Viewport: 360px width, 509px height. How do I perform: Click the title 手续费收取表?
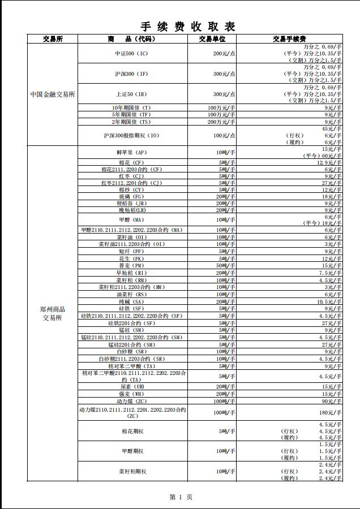(188, 26)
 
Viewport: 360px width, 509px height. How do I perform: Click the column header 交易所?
(53, 39)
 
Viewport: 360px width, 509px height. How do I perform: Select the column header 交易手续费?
(289, 39)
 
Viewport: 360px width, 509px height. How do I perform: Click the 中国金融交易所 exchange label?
(53, 94)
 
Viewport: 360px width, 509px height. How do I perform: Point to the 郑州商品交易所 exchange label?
(53, 313)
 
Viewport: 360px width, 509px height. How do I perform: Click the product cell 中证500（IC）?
(131, 53)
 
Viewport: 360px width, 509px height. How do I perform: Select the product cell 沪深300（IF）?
(131, 74)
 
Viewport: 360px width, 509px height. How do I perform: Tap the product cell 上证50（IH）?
(131, 94)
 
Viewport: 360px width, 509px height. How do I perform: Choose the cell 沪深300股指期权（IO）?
(131, 136)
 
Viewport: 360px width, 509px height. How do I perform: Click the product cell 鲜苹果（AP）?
(131, 153)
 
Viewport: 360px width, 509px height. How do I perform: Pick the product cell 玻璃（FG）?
(131, 197)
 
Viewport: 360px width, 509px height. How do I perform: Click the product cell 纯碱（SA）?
(131, 302)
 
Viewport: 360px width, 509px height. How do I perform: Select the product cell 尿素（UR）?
(131, 387)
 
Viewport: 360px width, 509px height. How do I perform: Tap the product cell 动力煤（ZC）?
(131, 401)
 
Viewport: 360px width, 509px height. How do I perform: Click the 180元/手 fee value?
(331, 413)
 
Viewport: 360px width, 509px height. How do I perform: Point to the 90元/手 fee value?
(333, 401)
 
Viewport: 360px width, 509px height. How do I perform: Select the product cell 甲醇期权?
(132, 451)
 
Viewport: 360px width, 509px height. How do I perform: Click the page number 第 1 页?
(181, 497)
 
